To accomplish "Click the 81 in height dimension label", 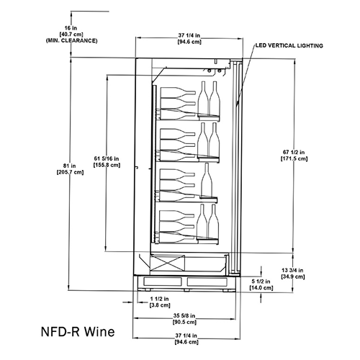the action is (x=70, y=166).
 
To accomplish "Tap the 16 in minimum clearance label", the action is (x=71, y=28).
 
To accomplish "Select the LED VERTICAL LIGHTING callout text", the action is (x=289, y=45).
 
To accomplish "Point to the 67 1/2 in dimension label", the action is (x=294, y=152).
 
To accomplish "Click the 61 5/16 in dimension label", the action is (x=107, y=158).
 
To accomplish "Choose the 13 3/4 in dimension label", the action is (x=292, y=270).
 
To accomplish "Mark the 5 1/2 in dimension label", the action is (x=261, y=282).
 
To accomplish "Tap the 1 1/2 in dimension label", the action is (x=159, y=299).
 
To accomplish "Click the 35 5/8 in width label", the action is (x=184, y=315).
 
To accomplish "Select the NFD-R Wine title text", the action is (x=78, y=331).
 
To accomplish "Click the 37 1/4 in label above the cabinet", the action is (x=189, y=35).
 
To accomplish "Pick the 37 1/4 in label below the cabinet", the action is (x=186, y=336).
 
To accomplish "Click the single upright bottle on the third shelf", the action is (x=207, y=179).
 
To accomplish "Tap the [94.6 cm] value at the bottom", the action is (x=186, y=342).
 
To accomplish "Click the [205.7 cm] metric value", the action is (x=70, y=172).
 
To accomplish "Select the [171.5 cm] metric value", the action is (x=294, y=158).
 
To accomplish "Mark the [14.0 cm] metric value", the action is (x=261, y=287).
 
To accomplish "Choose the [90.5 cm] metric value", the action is (x=184, y=322).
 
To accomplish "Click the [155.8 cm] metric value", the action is (x=107, y=165).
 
